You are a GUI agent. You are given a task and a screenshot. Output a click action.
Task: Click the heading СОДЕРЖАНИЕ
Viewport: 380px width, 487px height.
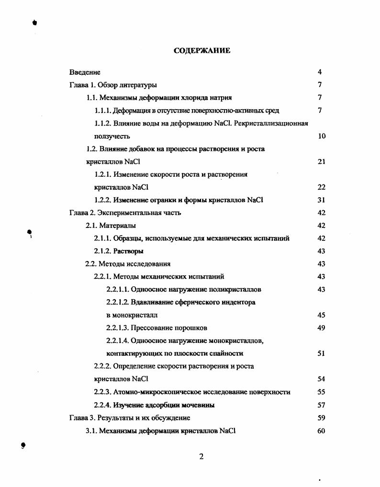[201, 51]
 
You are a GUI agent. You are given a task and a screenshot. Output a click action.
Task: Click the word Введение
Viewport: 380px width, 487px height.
[85, 72]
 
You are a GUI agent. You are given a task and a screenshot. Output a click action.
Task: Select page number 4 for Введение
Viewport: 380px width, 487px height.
[320, 72]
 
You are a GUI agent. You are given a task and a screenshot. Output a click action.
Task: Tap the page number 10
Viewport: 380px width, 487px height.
[322, 136]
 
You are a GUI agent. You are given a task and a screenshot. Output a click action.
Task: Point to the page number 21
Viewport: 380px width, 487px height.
[322, 162]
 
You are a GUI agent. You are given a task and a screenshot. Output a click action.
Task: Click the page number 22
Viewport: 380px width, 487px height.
[322, 187]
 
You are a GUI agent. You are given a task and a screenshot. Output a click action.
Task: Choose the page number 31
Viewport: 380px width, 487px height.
[322, 200]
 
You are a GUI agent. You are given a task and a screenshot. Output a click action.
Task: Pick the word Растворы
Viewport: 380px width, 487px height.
[128, 251]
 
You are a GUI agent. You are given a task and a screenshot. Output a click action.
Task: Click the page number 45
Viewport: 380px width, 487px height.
[322, 315]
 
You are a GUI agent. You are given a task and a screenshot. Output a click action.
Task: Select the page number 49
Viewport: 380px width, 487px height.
[322, 328]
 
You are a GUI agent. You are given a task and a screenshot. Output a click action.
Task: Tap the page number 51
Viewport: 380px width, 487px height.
[322, 353]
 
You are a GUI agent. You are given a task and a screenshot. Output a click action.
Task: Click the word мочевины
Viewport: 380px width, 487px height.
[198, 405]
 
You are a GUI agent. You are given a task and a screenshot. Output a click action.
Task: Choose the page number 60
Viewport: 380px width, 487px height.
[322, 430]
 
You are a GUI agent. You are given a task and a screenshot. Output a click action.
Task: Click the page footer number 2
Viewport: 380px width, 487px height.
[201, 456]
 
